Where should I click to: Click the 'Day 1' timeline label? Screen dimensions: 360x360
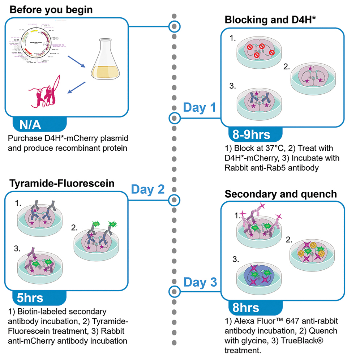(x=199, y=107)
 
